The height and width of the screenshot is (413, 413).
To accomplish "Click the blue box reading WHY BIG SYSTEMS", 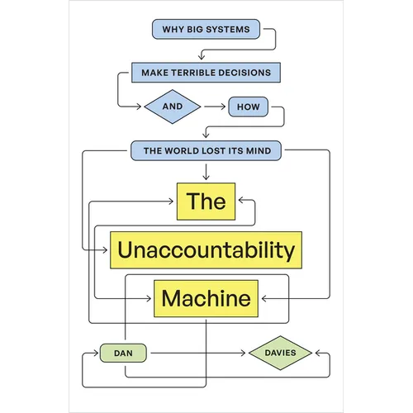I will [x=206, y=30].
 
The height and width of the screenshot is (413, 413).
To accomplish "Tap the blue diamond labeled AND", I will [x=172, y=107].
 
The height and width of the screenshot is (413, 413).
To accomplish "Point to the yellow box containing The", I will [x=206, y=202].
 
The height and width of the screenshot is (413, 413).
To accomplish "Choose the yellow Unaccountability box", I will [x=205, y=249].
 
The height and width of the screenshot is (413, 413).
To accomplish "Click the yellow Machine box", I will [x=206, y=298].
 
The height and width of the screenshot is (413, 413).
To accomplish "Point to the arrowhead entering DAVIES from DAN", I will [x=244, y=353].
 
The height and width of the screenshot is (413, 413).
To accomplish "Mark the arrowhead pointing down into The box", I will [x=206, y=178].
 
